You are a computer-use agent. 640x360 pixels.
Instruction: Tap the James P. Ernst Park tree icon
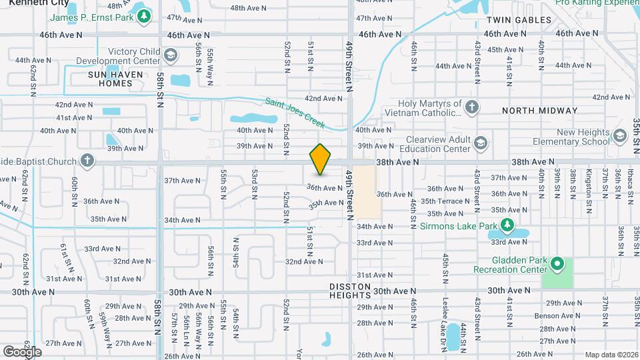(143, 15)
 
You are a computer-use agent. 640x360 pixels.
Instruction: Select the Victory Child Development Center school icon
(170, 55)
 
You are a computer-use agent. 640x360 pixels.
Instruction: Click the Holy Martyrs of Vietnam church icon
(471, 107)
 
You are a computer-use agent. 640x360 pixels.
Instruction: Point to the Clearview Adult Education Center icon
(480, 143)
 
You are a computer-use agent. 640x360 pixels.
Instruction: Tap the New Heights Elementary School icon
(619, 137)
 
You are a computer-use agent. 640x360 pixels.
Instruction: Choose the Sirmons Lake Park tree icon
(507, 226)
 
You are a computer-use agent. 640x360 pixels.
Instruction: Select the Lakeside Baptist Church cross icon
(86, 161)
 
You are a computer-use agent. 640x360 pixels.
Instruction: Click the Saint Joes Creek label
(295, 113)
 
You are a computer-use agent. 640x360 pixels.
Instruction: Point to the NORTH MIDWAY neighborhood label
(539, 111)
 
